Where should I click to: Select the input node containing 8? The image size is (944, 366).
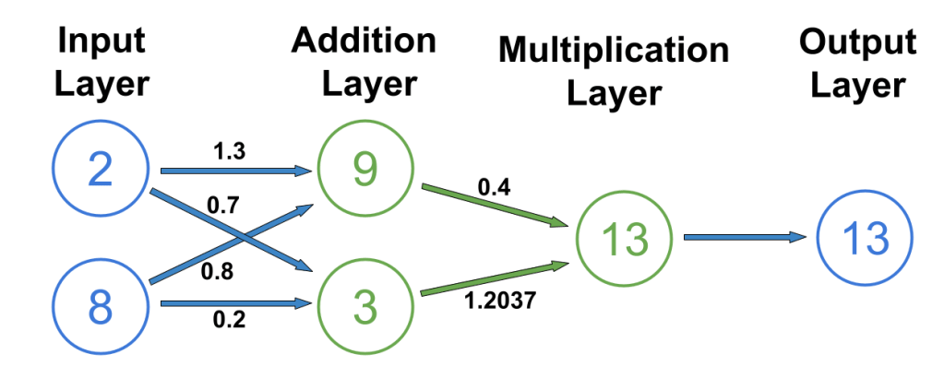[x=101, y=306]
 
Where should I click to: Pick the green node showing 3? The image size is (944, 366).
[x=365, y=306]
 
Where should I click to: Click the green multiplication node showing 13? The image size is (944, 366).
[x=625, y=239]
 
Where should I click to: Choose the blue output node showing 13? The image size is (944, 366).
[x=865, y=239]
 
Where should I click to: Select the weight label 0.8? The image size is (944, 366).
[x=218, y=272]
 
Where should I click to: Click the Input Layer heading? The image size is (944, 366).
[x=101, y=64]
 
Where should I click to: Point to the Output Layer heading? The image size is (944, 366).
[x=857, y=64]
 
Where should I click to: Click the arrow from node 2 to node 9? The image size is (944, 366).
[x=235, y=171]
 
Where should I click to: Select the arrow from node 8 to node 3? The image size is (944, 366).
[x=235, y=302]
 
